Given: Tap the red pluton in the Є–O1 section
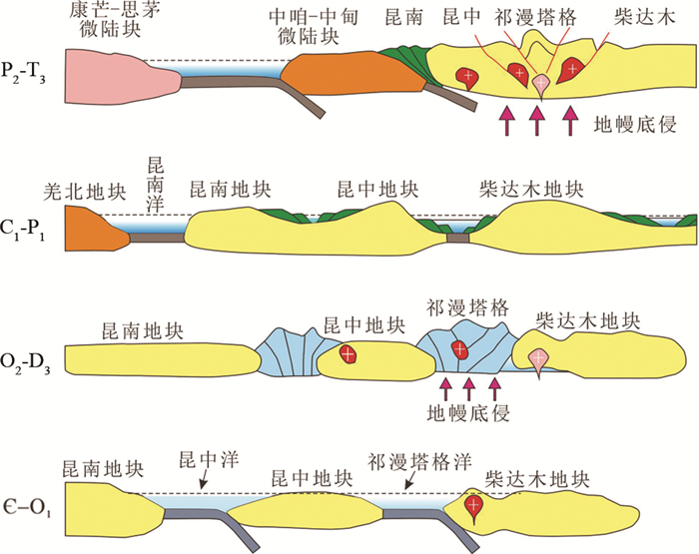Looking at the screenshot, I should pyautogui.click(x=476, y=507).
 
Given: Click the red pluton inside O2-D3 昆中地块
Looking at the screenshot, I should pyautogui.click(x=347, y=354).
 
